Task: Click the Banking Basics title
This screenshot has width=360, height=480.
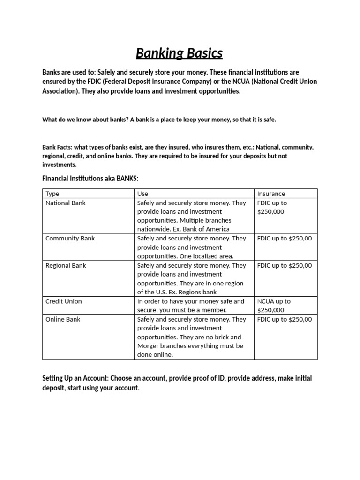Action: click(179, 53)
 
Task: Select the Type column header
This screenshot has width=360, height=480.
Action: click(52, 194)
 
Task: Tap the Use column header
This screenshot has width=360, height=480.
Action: click(142, 194)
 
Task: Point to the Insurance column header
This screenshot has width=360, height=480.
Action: click(271, 194)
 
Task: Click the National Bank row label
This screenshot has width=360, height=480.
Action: click(66, 203)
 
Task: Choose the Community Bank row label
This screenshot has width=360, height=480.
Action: click(70, 238)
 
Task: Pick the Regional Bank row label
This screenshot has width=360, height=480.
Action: click(66, 265)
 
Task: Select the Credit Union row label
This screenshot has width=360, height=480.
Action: click(63, 301)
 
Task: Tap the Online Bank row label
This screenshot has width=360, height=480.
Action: click(63, 319)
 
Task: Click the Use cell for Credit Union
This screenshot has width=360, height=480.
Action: click(190, 306)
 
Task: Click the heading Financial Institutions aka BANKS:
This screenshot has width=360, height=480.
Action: click(90, 179)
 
